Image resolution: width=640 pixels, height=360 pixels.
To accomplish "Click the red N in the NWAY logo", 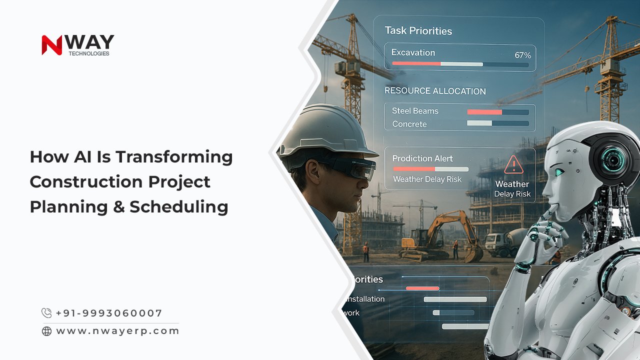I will (x=51, y=44).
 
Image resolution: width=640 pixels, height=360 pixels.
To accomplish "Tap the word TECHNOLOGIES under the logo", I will (x=88, y=53).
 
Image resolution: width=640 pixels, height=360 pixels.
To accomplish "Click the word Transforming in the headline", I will (x=174, y=157).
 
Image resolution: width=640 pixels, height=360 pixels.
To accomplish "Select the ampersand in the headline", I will (x=118, y=206).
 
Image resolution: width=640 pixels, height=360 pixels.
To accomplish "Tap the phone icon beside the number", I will (x=46, y=313).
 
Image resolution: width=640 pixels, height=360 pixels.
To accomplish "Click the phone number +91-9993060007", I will (x=109, y=313).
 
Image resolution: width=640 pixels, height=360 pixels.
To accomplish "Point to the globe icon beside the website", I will (x=46, y=331).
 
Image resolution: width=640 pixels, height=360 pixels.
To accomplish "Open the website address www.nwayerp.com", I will (x=117, y=331).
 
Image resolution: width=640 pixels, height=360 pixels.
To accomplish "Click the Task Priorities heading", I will (x=418, y=30).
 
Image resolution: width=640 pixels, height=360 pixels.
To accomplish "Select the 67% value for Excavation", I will (x=522, y=55).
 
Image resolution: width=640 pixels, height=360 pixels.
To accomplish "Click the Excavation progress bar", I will (x=460, y=64).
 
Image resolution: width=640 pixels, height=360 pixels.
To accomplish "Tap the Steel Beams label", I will (x=415, y=111).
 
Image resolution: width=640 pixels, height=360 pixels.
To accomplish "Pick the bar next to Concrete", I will (x=497, y=123).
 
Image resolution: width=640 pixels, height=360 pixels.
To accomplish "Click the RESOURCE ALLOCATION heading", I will (x=435, y=91).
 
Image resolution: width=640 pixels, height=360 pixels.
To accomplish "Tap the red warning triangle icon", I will (x=513, y=164).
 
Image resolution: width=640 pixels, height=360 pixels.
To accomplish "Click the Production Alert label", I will (x=422, y=158).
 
